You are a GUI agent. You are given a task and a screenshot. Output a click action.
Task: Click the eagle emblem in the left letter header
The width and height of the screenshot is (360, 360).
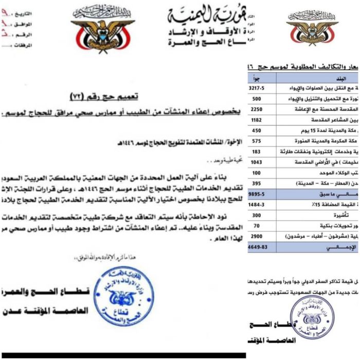pos(103,30)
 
